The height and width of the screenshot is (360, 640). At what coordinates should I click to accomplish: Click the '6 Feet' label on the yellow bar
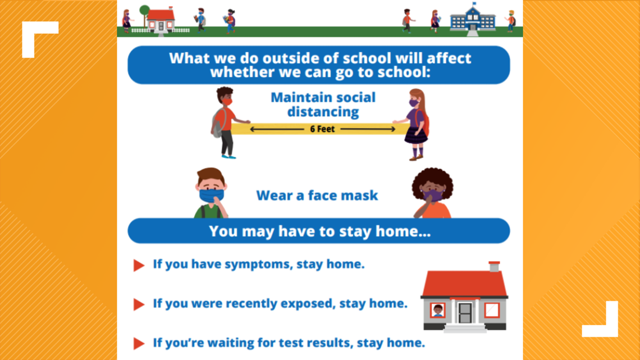[x=322, y=129]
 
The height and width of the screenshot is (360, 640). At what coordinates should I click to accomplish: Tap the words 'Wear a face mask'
[x=317, y=195]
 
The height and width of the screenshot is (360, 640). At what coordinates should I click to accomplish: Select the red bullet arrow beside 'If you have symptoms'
[x=139, y=265]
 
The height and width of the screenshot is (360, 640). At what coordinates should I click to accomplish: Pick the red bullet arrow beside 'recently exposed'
[x=139, y=304]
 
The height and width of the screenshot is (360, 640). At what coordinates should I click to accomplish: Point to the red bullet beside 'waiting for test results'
[x=139, y=344]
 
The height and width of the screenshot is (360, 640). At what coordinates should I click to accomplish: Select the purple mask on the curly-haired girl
[x=433, y=195]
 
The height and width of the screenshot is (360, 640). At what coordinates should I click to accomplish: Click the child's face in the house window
[x=438, y=311]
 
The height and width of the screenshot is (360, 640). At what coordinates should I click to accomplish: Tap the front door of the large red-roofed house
[x=464, y=313]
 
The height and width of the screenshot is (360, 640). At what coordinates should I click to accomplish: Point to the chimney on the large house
[x=494, y=267]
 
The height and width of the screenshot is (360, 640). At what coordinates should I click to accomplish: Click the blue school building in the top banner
[x=473, y=19]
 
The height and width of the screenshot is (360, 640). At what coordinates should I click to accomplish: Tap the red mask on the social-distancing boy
[x=227, y=102]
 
